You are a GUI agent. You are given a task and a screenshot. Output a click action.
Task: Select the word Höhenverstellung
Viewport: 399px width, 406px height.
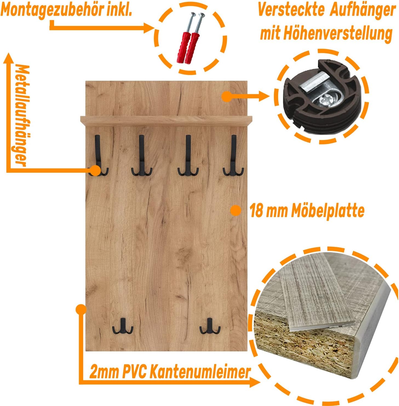pos(338,34)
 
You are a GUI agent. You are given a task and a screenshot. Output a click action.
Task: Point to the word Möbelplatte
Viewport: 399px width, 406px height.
pos(328,211)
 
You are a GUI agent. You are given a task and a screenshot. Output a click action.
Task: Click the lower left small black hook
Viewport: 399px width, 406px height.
pos(123,326)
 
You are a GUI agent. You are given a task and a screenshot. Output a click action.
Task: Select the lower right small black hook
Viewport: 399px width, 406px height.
pos(210,326)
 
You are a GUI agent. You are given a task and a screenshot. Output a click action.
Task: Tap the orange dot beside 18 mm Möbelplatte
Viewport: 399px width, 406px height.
pos(236,211)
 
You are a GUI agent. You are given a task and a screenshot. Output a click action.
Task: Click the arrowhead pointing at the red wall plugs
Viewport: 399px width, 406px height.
pos(149,28)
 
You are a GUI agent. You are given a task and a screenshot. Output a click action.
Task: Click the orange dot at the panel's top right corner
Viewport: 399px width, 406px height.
pos(227,96)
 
